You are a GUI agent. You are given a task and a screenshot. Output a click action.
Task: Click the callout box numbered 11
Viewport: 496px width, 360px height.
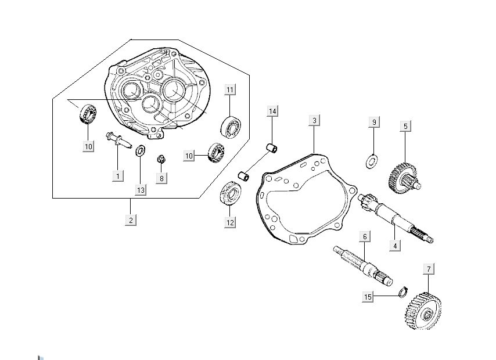pos(231,89)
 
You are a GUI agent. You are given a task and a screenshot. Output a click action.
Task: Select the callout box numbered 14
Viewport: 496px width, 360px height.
pos(273,110)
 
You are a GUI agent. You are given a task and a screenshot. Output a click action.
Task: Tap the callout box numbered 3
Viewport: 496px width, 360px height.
pos(314,121)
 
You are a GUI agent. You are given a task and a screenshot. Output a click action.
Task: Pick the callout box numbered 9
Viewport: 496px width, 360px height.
pos(375,122)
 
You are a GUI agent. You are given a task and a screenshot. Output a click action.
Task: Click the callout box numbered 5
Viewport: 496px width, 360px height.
pos(406,125)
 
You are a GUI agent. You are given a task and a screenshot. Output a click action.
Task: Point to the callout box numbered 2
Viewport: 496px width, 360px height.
pos(131,220)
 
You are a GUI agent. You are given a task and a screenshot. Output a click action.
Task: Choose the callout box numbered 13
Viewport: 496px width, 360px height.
pos(141,190)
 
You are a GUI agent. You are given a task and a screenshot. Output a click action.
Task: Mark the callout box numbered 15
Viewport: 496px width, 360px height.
pos(368,297)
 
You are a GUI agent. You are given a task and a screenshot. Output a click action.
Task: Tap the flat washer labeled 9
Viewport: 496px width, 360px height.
pos(372,161)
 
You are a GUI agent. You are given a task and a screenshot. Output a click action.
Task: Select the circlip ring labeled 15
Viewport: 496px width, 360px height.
pos(402,291)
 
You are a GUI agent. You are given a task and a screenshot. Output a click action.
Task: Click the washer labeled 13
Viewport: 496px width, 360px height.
pos(140,152)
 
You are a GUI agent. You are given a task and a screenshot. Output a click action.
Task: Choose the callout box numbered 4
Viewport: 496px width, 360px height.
pos(395,246)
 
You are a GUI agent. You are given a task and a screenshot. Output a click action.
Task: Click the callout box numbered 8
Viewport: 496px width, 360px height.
pos(161,178)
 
